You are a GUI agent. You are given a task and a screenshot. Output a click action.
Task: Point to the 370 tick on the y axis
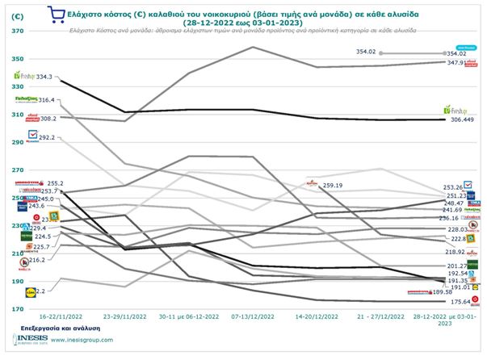click(15, 31)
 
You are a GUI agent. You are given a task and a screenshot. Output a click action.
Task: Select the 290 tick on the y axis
click(15, 142)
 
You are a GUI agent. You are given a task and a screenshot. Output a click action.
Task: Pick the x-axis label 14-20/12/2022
click(318, 318)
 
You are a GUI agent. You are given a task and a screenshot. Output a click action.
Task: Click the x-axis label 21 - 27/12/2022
click(382, 318)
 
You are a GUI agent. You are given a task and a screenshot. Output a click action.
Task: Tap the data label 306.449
click(461, 119)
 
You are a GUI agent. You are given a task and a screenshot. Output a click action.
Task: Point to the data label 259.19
click(332, 185)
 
